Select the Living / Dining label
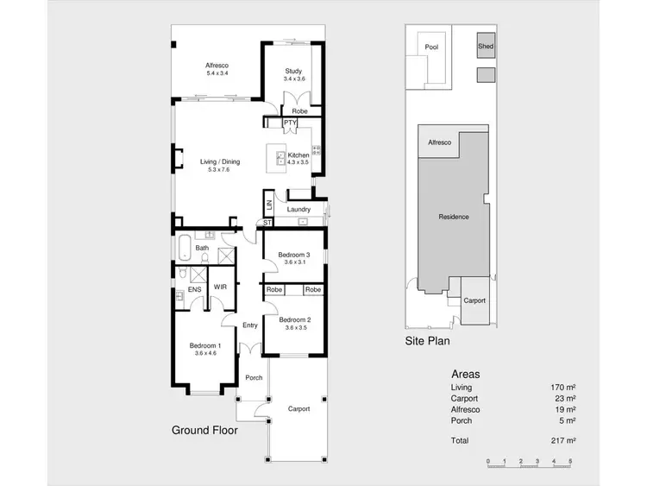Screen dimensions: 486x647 coord(220,161)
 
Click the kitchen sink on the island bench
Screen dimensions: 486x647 coord(281,157)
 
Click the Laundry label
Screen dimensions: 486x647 coord(298,209)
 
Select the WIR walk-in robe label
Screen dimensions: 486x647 coord(220,286)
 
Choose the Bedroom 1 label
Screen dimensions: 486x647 coord(204,345)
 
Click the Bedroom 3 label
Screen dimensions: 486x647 coord(294,255)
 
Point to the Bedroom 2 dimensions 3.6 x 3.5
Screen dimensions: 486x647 coord(294,327)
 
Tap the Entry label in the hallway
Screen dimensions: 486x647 coord(250,325)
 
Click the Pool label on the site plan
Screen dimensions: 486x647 coord(431,47)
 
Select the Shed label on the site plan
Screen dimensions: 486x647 coord(486,47)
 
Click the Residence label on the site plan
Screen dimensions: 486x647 coord(454,217)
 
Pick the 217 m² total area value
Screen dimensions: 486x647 coord(564,440)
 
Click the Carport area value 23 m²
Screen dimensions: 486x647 coord(566,400)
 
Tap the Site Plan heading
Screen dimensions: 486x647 coord(428,341)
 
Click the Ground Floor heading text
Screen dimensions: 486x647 coord(204,429)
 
